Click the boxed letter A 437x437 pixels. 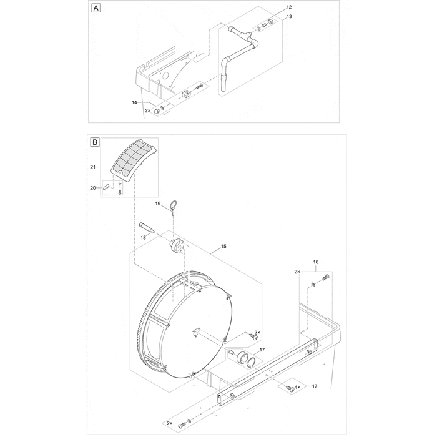[x=96, y=8]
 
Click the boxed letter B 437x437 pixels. [x=96, y=142]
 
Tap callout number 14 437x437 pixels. [x=134, y=102]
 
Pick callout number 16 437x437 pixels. [x=315, y=263]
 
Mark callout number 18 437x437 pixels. [x=143, y=238]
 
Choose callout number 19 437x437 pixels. [x=158, y=204]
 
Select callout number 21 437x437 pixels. [x=93, y=167]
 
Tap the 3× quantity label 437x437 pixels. [x=257, y=333]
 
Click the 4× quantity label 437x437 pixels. [x=297, y=388]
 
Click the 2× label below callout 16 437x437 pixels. [x=297, y=272]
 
